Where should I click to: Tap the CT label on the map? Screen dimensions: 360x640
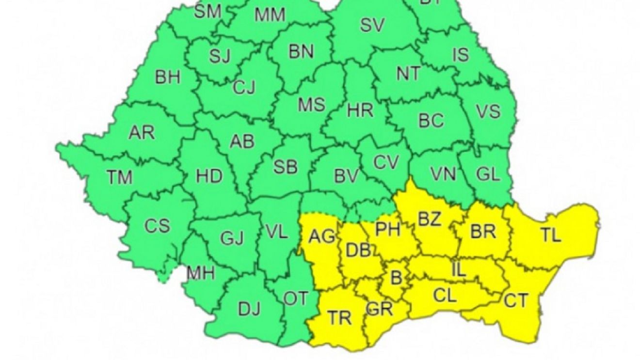pyautogui.click(x=515, y=301)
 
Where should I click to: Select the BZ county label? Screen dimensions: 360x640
pyautogui.click(x=430, y=219)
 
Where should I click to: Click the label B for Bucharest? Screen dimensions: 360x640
pyautogui.click(x=396, y=278)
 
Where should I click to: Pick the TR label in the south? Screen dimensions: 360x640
pyautogui.click(x=339, y=318)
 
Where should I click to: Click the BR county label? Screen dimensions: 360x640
pyautogui.click(x=483, y=232)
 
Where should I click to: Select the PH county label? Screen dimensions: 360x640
pyautogui.click(x=388, y=229)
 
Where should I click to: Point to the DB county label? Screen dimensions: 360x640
pyautogui.click(x=358, y=250)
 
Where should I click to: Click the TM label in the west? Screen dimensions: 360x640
pyautogui.click(x=119, y=177)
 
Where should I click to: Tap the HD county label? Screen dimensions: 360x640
pyautogui.click(x=209, y=176)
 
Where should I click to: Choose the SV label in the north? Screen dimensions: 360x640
pyautogui.click(x=372, y=25)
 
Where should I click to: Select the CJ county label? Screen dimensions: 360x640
pyautogui.click(x=244, y=88)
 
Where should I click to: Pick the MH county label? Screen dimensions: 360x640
pyautogui.click(x=201, y=273)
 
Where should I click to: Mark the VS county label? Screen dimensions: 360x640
pyautogui.click(x=488, y=111)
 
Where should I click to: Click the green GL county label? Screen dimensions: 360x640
pyautogui.click(x=488, y=174)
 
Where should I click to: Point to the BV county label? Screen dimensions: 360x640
pyautogui.click(x=346, y=177)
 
